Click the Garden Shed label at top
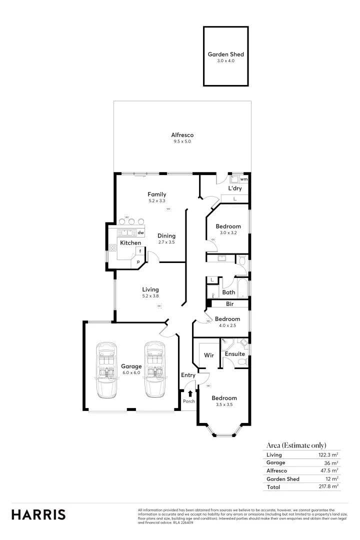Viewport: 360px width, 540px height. (225, 54)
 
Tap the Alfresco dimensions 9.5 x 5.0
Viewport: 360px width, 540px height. (182, 141)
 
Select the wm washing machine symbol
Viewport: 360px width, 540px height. (243, 178)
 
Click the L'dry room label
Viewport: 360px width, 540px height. (235, 188)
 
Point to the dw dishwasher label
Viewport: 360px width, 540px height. (141, 232)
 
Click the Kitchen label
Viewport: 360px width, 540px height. (130, 243)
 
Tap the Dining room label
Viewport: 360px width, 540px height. (166, 236)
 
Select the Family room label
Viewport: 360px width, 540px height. (156, 194)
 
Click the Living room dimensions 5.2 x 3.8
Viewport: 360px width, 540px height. (150, 296)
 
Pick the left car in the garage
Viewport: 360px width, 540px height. (106, 370)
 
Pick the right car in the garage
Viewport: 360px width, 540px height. (154, 370)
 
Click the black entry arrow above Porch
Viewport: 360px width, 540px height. (190, 394)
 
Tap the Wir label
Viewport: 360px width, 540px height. (209, 355)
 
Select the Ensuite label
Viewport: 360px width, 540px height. (234, 353)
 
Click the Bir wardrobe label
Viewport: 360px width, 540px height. (230, 303)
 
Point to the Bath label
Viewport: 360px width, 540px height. (228, 292)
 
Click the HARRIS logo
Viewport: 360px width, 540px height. (38, 514)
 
